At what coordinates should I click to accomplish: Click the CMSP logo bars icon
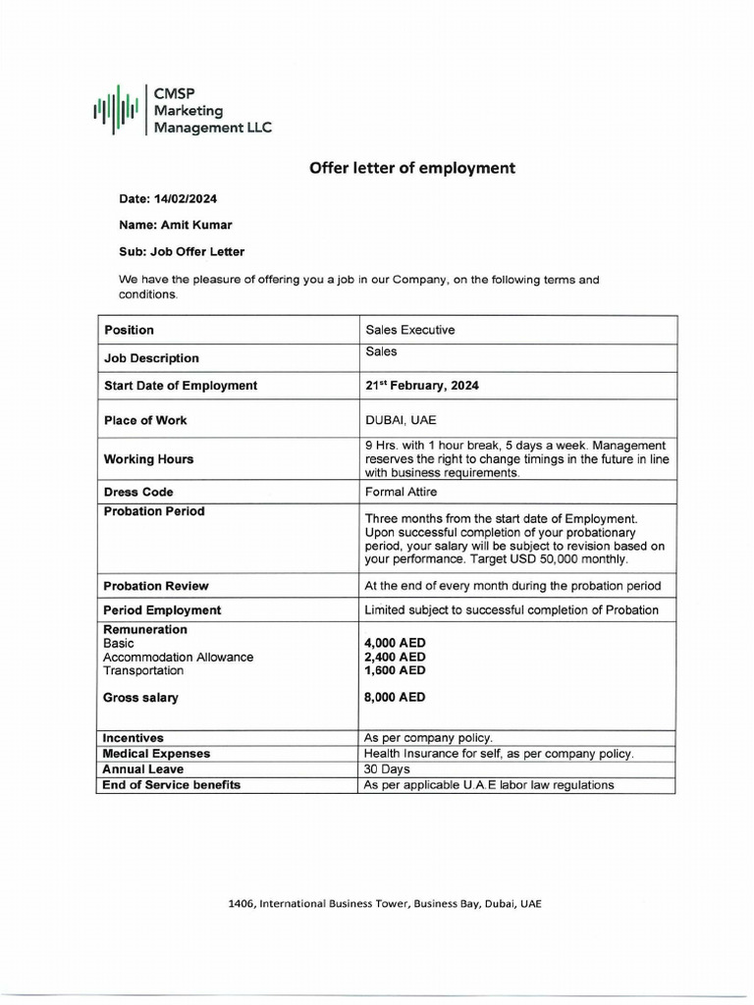(x=115, y=109)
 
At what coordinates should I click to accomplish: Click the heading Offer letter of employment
(x=411, y=168)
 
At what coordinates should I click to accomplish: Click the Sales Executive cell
(x=409, y=330)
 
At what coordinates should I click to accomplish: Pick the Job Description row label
(x=151, y=358)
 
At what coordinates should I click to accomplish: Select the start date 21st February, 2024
(x=422, y=386)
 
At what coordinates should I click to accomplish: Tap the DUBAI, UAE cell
(x=401, y=420)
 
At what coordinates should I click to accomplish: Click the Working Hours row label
(x=148, y=459)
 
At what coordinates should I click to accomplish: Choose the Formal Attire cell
(x=402, y=492)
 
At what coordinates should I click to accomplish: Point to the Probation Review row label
(x=156, y=586)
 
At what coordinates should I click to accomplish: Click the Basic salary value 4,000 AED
(x=395, y=644)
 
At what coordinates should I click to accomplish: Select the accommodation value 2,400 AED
(x=395, y=658)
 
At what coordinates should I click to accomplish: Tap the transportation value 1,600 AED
(x=395, y=671)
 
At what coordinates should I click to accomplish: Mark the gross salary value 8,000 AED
(x=395, y=698)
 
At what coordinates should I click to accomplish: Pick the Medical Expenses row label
(x=156, y=754)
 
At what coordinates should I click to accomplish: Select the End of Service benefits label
(x=172, y=785)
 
